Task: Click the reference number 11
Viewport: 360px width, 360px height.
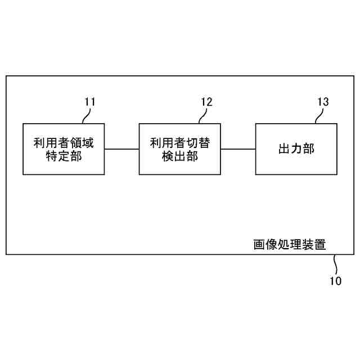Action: point(90,102)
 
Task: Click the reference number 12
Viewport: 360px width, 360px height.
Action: point(206,102)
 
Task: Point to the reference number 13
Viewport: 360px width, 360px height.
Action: point(323,102)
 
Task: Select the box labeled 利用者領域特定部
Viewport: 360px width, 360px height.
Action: point(63,148)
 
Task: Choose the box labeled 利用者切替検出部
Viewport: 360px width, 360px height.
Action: point(180,148)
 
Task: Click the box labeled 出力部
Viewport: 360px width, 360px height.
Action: point(296,148)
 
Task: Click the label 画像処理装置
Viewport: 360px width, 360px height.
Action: point(289,245)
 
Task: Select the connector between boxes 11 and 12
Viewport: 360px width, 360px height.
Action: point(121,149)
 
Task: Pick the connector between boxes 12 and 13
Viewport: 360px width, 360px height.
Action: point(238,149)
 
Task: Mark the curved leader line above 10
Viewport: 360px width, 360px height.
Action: point(335,263)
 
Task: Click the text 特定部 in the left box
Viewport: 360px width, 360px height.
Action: point(63,156)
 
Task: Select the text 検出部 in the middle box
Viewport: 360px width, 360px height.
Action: point(180,156)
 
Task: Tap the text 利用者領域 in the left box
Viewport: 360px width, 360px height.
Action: point(63,142)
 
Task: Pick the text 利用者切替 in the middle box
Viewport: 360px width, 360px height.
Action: point(180,142)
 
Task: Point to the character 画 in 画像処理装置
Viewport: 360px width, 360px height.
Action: point(259,245)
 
